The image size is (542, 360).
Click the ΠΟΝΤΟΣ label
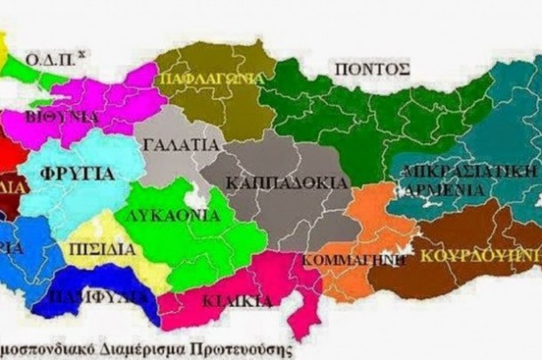pos(371,68)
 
